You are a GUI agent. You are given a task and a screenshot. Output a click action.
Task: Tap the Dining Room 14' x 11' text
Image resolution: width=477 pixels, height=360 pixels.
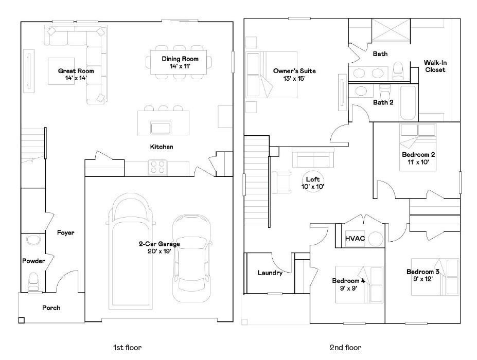176,63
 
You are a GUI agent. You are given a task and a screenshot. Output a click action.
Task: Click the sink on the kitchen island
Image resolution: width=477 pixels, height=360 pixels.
161,127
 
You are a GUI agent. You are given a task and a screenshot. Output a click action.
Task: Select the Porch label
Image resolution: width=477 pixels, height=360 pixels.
51,308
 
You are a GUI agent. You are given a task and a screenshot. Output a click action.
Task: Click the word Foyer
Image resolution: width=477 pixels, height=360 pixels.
65,233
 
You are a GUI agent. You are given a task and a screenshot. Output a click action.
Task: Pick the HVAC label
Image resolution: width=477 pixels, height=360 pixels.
355,239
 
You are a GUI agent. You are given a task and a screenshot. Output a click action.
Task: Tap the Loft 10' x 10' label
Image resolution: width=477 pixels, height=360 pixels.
313,183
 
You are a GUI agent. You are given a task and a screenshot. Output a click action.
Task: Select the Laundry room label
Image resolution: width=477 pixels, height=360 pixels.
270,273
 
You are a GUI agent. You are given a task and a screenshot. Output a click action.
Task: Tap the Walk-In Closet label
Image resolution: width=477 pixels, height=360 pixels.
435,66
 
